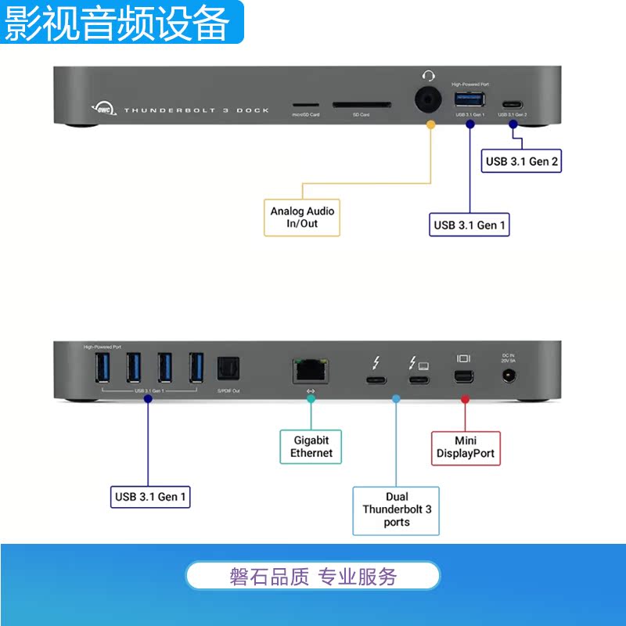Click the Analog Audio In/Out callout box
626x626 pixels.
(302, 218)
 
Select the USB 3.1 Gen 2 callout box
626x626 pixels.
(522, 162)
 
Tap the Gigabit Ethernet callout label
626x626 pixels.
(311, 447)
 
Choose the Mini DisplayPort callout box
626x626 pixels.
(466, 447)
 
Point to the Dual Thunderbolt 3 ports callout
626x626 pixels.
(397, 509)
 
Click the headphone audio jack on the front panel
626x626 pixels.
(427, 101)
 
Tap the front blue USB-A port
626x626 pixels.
(469, 100)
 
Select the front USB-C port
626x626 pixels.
(513, 103)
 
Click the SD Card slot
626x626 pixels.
(361, 103)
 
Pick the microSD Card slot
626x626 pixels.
(305, 103)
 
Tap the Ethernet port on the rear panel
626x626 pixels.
(311, 369)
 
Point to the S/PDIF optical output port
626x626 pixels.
(228, 369)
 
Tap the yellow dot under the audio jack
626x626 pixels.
(430, 124)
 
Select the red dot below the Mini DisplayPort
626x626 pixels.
(465, 399)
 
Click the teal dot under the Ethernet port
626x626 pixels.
(311, 399)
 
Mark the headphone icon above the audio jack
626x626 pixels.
(428, 75)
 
